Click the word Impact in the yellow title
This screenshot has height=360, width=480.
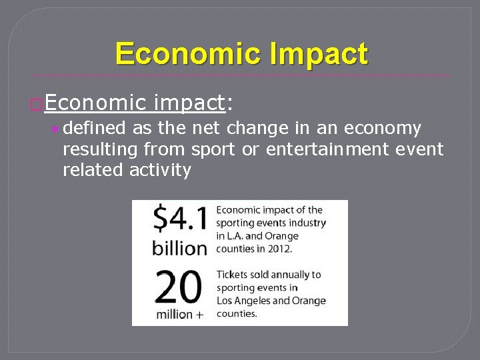pyautogui.click(x=319, y=54)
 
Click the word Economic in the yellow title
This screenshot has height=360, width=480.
pyautogui.click(x=187, y=54)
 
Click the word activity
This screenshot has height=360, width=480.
pyautogui.click(x=160, y=170)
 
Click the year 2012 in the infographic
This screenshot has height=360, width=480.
pyautogui.click(x=279, y=248)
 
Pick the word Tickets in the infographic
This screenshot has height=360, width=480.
pyautogui.click(x=233, y=275)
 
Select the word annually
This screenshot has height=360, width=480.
pyautogui.click(x=288, y=275)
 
